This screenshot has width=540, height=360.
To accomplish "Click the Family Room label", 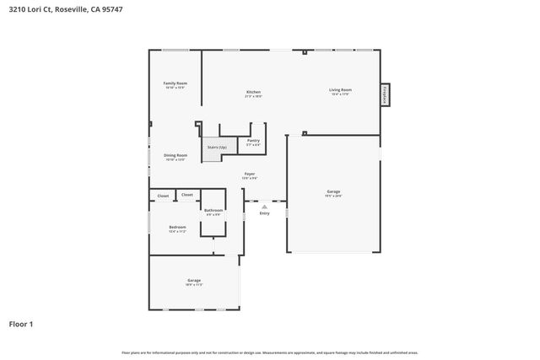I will tap(175, 83).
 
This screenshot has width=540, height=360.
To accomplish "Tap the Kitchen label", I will tap(253, 92).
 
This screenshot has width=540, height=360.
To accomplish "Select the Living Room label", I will tap(340, 90).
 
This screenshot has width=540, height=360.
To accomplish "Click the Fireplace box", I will tap(385, 94).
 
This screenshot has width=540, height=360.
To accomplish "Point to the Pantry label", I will tap(253, 141).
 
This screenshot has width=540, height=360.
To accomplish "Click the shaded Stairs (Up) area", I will tap(217, 148).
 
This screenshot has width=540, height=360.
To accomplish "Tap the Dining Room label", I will tap(175, 156).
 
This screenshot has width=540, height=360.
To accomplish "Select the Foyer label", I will tap(250, 174).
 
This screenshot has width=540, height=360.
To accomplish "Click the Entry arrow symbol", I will tap(264, 206).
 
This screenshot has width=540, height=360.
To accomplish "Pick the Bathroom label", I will tap(213, 210).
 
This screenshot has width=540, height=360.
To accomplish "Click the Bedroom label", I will tap(177, 228).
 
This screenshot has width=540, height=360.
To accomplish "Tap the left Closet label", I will tap(163, 196).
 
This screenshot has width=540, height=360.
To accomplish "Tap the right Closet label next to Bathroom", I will tap(187, 196).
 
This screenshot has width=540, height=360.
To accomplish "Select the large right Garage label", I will tap(333, 192).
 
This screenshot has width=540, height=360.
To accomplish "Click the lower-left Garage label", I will tap(194, 281).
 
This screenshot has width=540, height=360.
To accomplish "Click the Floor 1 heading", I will tap(22, 323).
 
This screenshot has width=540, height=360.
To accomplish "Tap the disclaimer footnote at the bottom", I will tap(269, 352).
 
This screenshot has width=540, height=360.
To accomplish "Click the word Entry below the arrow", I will tap(264, 214).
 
